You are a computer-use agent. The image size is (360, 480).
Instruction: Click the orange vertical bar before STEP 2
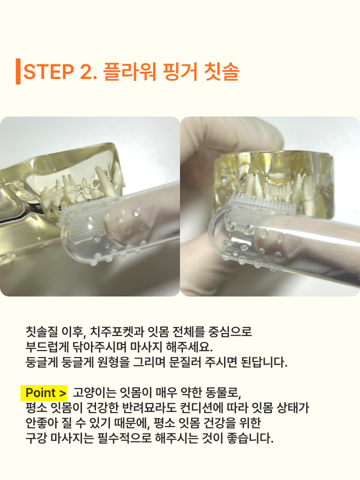point(18,71)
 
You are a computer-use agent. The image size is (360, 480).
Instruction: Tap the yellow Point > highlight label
point(44,392)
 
